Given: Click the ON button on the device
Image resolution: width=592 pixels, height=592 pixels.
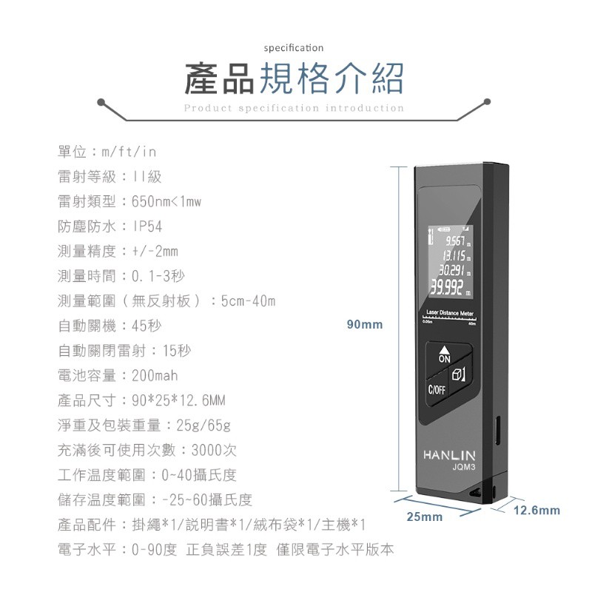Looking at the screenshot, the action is [x=445, y=355].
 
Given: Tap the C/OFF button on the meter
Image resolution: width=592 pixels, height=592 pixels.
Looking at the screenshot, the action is [x=437, y=390].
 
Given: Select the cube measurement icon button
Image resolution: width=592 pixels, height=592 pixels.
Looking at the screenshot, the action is [x=458, y=374].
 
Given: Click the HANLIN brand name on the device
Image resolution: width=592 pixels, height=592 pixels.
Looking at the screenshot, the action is [x=449, y=455].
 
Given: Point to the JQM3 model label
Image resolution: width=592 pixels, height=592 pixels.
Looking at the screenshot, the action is [x=464, y=467].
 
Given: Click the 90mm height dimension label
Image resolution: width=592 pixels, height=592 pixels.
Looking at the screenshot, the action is [x=365, y=324].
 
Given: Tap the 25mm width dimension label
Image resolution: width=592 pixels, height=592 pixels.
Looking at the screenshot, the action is [x=424, y=517].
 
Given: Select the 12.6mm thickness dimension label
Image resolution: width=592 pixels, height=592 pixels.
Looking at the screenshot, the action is [x=536, y=511].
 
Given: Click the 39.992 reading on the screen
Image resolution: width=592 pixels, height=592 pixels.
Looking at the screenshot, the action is [x=446, y=289].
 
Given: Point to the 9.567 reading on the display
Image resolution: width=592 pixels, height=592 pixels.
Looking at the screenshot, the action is [x=455, y=241].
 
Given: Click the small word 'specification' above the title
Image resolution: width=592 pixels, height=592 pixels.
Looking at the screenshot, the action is [x=294, y=48].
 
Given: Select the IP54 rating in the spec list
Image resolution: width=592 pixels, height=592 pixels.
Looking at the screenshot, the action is [x=147, y=226].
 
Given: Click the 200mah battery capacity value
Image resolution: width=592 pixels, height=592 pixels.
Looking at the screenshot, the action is [x=155, y=375].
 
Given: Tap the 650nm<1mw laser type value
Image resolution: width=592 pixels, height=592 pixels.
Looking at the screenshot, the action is [x=166, y=201].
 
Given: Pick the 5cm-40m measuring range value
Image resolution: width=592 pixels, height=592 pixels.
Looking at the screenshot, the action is [x=248, y=301].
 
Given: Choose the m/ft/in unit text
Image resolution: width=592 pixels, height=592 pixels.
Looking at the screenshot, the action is [x=129, y=152].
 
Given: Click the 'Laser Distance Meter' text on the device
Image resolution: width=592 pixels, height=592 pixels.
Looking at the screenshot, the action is [x=450, y=313].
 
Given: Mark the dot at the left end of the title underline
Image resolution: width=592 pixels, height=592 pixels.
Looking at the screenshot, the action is [x=101, y=102].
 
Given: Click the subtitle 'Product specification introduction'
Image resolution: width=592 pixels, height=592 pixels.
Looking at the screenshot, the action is [x=294, y=108].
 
